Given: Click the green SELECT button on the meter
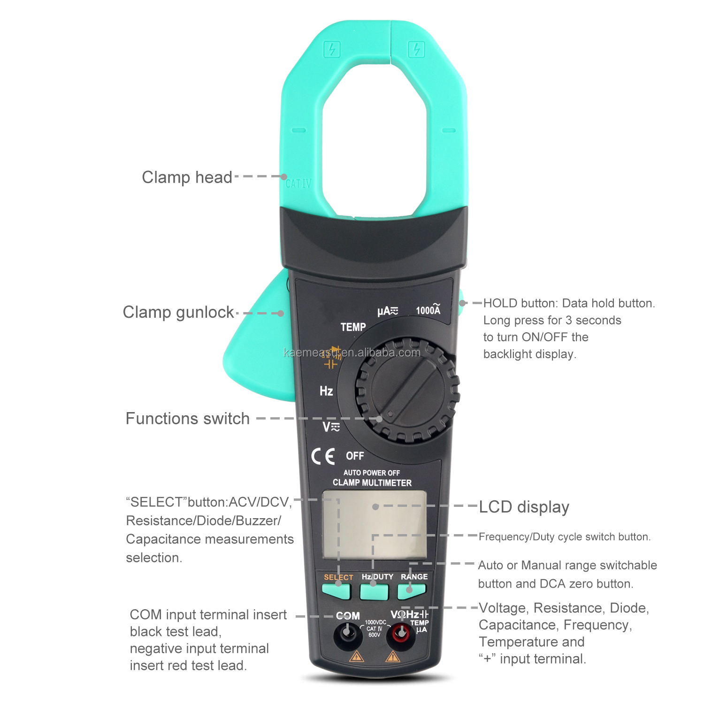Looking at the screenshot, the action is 337,591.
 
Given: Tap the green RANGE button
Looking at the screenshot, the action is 412,591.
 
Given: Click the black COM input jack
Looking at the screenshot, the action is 347,634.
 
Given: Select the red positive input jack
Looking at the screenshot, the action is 400,634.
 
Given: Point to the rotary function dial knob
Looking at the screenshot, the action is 407,390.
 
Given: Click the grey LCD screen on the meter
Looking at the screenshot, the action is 375,525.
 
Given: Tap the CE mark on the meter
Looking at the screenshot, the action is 323,456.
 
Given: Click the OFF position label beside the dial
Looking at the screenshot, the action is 355,456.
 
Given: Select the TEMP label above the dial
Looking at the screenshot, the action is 353,327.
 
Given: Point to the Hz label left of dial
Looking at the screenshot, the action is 326,391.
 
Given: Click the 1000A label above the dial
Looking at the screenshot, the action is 428,309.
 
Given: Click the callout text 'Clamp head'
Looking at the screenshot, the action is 187,177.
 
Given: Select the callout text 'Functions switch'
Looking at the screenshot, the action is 187,418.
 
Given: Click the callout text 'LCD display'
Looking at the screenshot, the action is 524,507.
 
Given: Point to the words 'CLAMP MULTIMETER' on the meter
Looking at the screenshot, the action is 372,482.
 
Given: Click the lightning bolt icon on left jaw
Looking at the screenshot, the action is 332,49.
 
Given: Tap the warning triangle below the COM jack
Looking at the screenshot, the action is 357,656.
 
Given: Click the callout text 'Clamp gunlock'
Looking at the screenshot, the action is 178,312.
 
